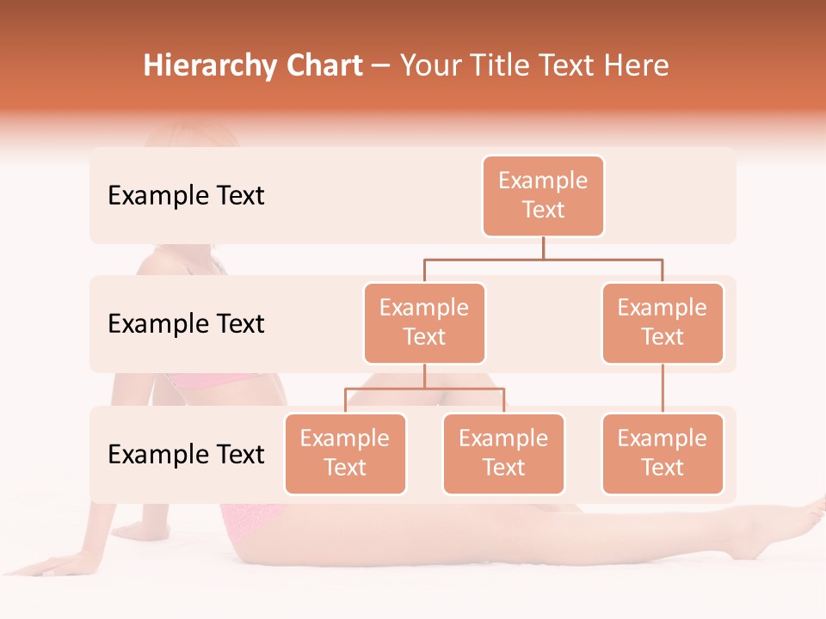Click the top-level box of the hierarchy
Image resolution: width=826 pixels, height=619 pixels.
point(543,196)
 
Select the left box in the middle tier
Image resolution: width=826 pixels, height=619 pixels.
point(424,323)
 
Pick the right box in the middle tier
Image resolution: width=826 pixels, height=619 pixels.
point(663,323)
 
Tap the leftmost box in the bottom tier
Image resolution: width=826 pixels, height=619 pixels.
point(345,454)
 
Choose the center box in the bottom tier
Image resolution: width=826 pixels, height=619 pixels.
point(503,454)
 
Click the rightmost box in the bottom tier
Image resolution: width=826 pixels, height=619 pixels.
point(663,454)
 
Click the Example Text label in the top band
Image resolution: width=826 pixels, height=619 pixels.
point(186,196)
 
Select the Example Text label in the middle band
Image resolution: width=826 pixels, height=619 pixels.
point(186,324)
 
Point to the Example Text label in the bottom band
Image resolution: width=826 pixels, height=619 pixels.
point(186,454)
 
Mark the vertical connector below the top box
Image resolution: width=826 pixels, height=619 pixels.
point(543,248)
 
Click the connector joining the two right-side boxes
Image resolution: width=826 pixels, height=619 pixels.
point(663,389)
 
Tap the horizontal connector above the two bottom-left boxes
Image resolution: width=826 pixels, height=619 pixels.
point(424,389)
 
